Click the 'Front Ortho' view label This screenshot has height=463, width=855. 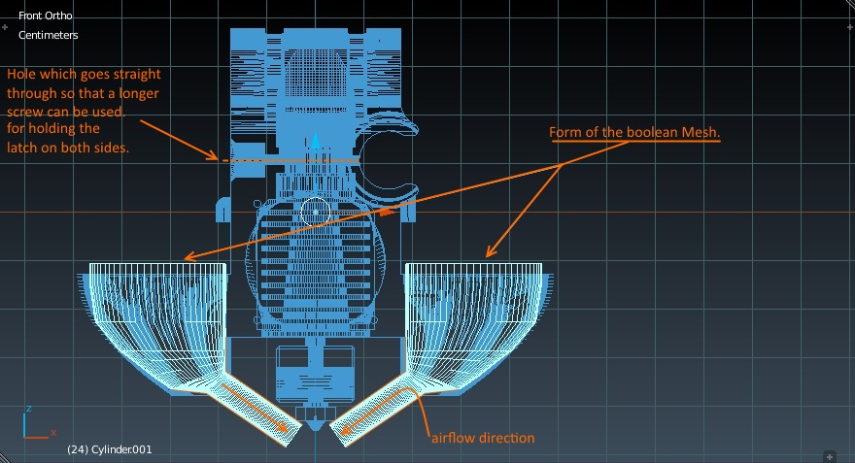click(46, 16)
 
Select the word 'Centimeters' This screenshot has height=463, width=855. click(48, 35)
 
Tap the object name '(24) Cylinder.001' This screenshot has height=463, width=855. click(110, 449)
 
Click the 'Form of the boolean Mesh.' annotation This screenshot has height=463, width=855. click(634, 132)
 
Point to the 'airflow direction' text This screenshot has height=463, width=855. click(483, 438)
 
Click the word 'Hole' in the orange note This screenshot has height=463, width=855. click(21, 74)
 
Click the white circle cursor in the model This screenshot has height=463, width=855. click(315, 212)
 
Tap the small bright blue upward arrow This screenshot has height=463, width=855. click(316, 141)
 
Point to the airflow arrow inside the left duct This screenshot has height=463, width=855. click(255, 408)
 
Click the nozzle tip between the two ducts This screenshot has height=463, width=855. click(315, 424)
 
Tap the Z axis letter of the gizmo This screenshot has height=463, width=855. click(29, 409)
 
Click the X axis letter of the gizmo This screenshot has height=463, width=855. click(53, 433)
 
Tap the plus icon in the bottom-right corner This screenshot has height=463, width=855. click(830, 456)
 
